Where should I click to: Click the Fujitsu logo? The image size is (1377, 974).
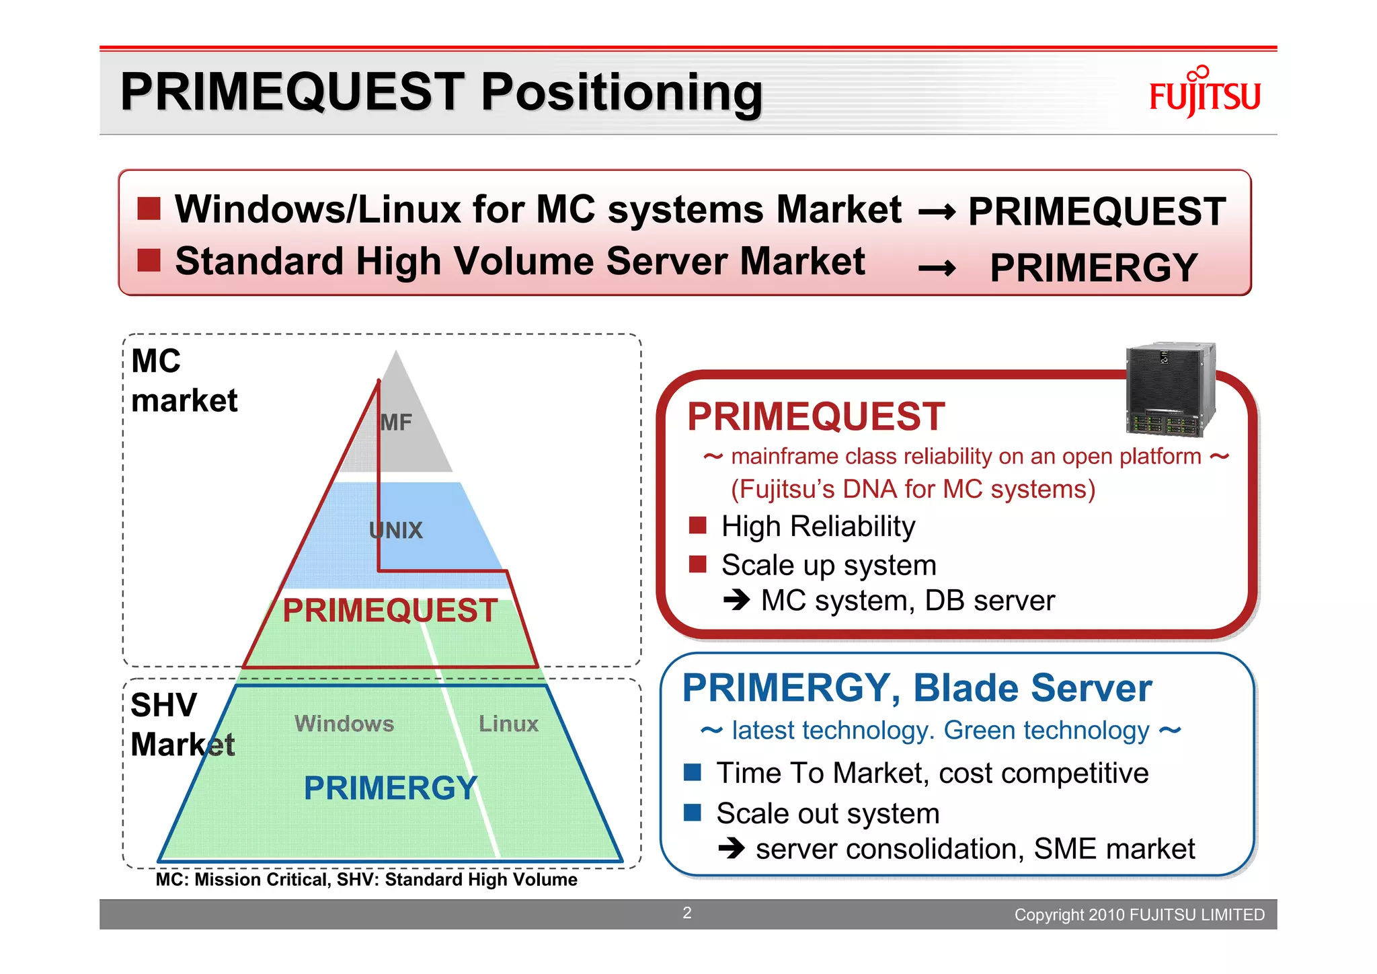(1204, 94)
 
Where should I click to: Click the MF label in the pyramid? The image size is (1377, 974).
(396, 422)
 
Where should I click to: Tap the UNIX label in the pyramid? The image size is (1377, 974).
(396, 531)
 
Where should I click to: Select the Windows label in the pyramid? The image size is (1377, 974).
(344, 724)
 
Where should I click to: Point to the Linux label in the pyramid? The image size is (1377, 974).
(508, 724)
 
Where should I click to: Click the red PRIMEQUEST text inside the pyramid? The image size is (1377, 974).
(390, 611)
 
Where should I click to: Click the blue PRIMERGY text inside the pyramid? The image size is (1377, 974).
(390, 788)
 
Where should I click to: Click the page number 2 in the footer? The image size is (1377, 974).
(687, 913)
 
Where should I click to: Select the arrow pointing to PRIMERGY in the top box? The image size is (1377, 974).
(937, 268)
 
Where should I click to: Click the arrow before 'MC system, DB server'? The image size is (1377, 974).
(737, 599)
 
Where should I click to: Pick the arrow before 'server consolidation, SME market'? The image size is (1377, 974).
(732, 848)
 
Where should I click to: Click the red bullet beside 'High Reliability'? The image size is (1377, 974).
(698, 525)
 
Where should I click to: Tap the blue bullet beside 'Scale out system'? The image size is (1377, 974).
(693, 813)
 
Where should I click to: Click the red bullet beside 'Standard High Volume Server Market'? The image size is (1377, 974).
(149, 260)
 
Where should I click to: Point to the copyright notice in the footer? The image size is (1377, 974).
(1139, 915)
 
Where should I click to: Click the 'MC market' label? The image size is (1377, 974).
(184, 381)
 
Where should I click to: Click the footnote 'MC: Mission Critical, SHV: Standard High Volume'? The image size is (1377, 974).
(366, 880)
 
